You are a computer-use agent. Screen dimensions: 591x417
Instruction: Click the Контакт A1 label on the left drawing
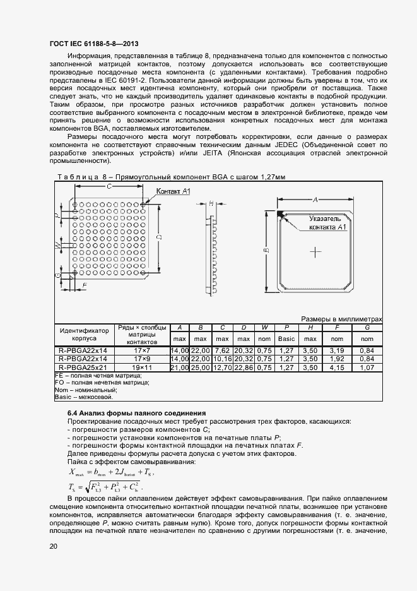(173, 191)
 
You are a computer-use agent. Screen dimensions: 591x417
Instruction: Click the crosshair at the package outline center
(315, 251)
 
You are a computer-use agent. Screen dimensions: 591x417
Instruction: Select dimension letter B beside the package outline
(266, 251)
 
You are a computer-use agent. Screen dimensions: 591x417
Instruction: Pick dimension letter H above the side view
(211, 203)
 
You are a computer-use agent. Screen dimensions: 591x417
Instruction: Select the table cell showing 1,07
(367, 367)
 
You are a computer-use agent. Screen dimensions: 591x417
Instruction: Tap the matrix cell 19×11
(142, 367)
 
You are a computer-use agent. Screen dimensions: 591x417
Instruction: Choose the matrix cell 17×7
(142, 350)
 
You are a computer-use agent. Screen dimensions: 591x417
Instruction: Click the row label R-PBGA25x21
(83, 367)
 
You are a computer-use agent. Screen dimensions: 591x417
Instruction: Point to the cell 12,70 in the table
(223, 367)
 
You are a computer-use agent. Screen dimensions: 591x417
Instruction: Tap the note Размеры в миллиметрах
(341, 319)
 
